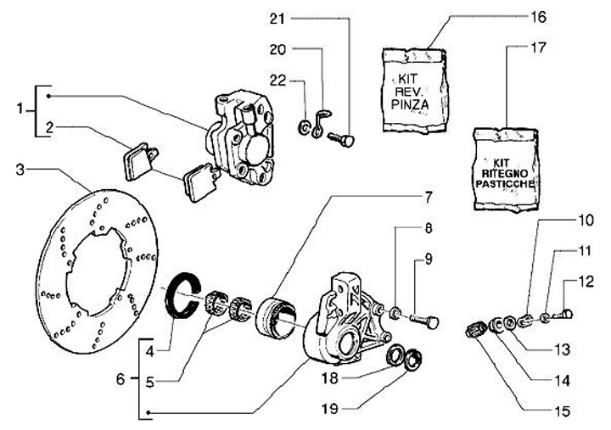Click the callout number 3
pos(20,170)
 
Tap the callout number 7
pos(429,198)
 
